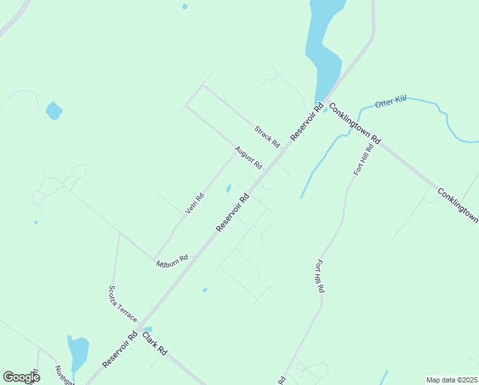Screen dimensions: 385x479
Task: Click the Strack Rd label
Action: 268,135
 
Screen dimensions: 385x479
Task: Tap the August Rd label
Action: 248,158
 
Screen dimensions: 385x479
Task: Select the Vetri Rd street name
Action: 194,203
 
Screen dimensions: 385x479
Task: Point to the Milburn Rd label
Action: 172,261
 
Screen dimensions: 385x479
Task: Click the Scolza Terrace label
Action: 122,304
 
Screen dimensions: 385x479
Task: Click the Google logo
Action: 21,377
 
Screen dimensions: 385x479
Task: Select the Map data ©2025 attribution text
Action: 452,380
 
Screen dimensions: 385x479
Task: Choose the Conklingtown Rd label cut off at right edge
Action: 458,205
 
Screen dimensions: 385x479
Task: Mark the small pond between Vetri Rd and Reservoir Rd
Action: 228,188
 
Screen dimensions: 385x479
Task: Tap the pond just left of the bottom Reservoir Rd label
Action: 77,351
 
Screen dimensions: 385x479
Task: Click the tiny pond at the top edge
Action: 185,6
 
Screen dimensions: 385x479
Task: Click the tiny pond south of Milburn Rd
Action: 205,290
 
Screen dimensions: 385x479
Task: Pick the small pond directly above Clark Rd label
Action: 148,329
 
